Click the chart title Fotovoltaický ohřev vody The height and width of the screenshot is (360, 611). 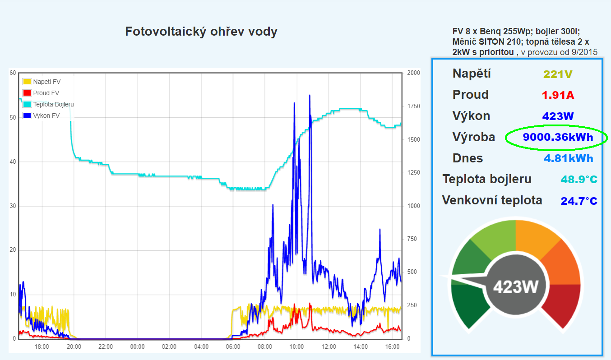click(201, 32)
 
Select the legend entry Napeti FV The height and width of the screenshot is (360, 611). click(46, 82)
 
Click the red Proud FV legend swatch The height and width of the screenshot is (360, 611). click(27, 93)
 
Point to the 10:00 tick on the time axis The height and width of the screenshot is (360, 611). click(296, 347)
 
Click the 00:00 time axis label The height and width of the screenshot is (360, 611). click(137, 347)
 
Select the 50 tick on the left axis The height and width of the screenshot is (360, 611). click(13, 117)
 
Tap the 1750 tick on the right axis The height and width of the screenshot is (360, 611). click(413, 106)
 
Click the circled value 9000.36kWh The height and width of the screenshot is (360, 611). click(558, 137)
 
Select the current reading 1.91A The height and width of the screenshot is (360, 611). click(558, 95)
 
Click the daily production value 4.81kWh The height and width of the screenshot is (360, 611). click(568, 158)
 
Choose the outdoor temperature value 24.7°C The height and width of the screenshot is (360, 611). click(579, 201)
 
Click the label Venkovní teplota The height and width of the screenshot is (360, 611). click(492, 200)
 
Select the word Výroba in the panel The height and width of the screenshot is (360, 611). click(473, 137)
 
